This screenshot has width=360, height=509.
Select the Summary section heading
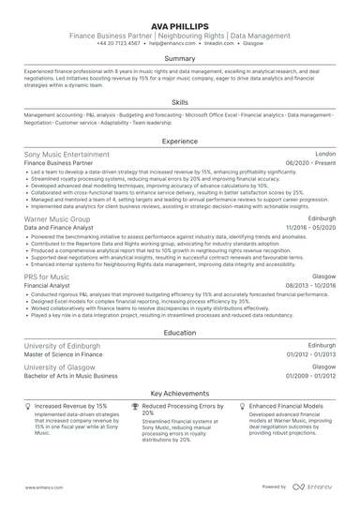coord(180,58)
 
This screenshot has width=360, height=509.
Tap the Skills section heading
coord(180,101)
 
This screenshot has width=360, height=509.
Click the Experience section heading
coord(180,141)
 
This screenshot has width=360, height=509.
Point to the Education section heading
coord(180,332)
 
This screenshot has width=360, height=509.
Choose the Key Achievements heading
coord(180,394)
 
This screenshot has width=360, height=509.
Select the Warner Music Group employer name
coord(59,217)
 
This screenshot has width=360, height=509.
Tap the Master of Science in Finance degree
coord(65,355)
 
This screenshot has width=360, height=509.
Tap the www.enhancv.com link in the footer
coord(44,487)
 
